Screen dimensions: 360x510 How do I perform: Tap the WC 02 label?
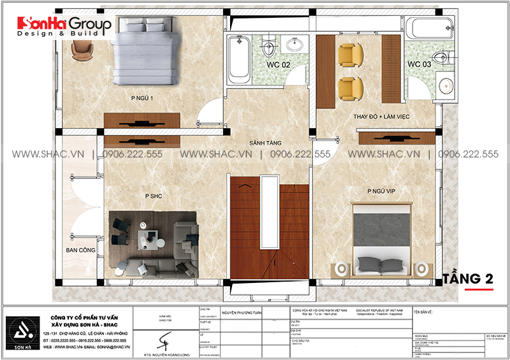click(278, 65)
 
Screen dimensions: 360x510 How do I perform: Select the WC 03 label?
click(419, 64)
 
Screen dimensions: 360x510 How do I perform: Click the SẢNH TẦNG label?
click(266, 143)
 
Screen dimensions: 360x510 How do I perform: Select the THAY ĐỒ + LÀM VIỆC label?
click(381, 117)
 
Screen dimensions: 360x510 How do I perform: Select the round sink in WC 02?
click(296, 46)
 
